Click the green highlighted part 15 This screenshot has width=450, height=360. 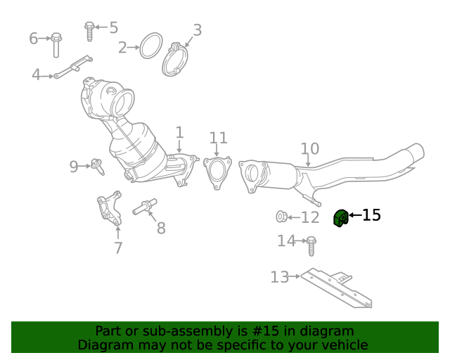[x=340, y=218]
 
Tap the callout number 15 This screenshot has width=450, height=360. [x=371, y=215]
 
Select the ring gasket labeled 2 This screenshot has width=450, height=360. [x=151, y=46]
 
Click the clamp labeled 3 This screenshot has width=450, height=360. [x=175, y=60]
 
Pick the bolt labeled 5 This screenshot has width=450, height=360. [x=89, y=31]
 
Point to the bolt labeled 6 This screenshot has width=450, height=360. [x=56, y=45]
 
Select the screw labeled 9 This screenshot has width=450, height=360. [x=97, y=167]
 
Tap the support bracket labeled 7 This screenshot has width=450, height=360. [x=110, y=208]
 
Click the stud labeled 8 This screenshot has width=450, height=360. [x=145, y=207]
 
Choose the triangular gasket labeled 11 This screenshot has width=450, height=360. [x=217, y=173]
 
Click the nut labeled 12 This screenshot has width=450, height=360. [x=281, y=217]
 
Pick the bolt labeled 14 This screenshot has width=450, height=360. [x=311, y=246]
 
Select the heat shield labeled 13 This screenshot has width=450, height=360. [x=336, y=288]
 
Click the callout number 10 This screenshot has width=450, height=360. [x=309, y=148]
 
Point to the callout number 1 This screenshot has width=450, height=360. [x=179, y=133]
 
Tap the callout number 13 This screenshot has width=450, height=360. [x=280, y=277]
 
